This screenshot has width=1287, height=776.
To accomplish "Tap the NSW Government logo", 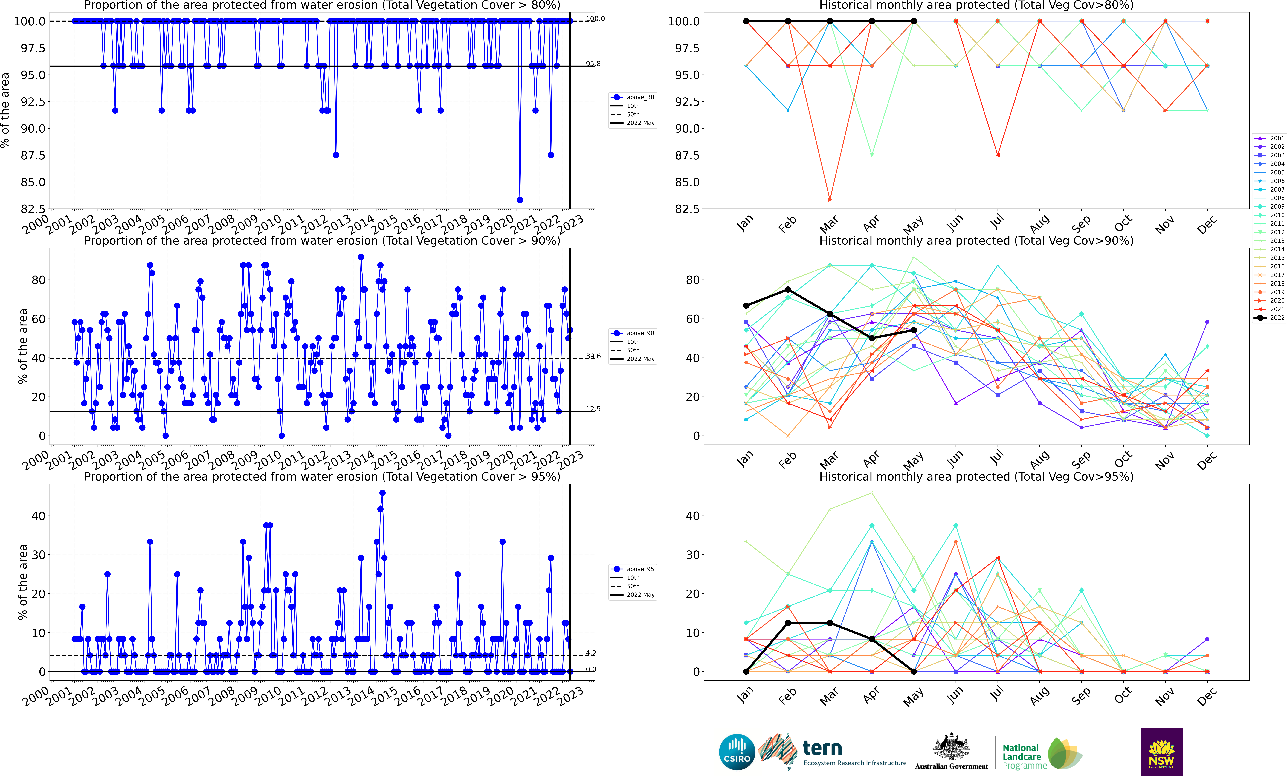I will click(1161, 752).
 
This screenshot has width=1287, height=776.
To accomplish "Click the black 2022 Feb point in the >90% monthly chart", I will click(788, 290).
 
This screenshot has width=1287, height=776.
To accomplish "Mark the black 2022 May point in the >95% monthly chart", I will click(914, 672).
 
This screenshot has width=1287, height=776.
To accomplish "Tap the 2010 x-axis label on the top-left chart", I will click(267, 224).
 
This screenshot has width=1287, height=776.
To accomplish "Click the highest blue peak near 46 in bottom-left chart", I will click(382, 493).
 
